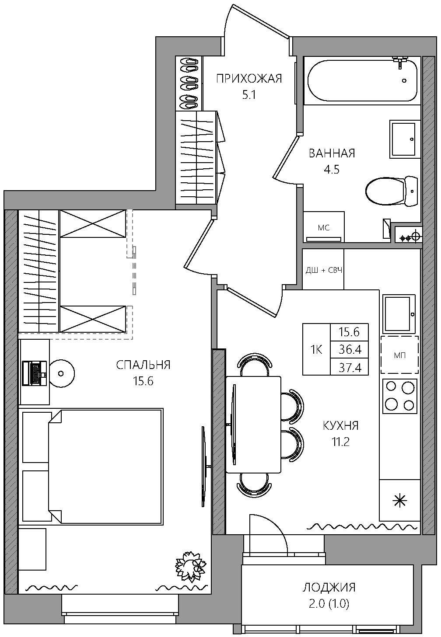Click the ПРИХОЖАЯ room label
pos(249,79)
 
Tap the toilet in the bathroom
pos(392,191)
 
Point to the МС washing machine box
pos(323,226)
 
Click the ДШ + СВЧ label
pos(324,270)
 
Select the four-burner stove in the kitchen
pos(400,396)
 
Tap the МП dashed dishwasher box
pos(399,355)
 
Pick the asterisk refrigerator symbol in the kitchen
pos(400,501)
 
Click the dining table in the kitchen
pos(253,425)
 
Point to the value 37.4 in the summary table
pos(350,368)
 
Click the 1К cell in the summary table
pos(316,349)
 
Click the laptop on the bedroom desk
pos(35,373)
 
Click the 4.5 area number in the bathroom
pos(332,170)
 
